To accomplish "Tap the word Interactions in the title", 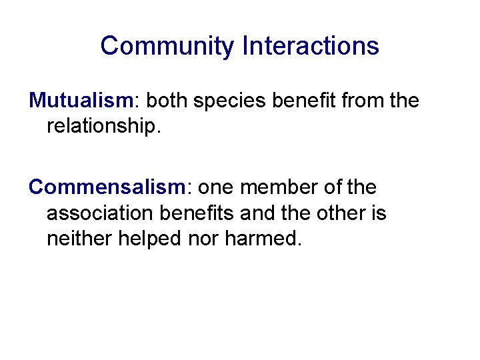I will (x=311, y=46).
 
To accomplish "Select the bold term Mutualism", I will (x=81, y=101).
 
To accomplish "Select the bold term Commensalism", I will (x=105, y=187).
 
